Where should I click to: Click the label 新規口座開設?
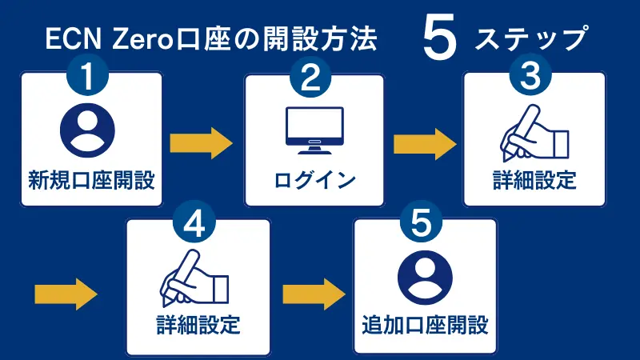click(90, 179)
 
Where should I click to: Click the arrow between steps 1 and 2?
click(201, 144)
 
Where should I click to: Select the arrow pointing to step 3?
click(425, 144)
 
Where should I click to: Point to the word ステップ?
click(533, 38)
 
